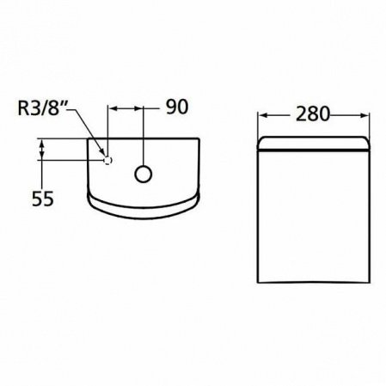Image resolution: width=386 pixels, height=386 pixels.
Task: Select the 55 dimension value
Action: [43, 198]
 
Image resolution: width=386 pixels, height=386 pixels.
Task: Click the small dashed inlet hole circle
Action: [107, 160]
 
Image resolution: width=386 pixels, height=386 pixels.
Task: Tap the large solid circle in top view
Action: [143, 173]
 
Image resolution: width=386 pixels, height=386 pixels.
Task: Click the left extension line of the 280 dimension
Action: [260, 125]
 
